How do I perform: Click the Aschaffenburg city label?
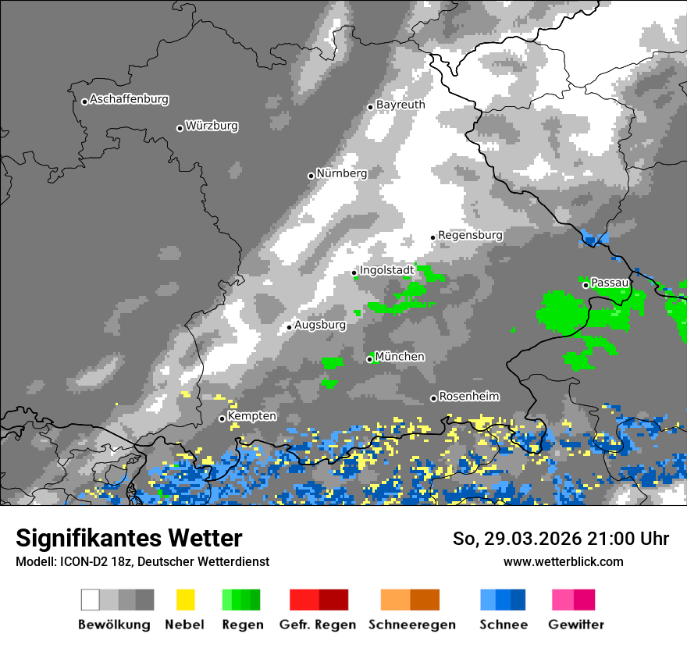(129, 100)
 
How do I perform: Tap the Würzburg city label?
(212, 126)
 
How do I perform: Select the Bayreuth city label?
(400, 105)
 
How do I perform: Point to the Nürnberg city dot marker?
(311, 176)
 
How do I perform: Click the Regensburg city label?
(470, 235)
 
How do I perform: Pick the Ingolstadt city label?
(387, 270)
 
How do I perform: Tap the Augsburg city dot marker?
(289, 327)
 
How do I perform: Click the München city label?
(400, 357)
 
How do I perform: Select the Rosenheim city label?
(469, 397)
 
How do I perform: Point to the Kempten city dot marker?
(222, 418)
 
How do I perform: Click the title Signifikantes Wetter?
(129, 538)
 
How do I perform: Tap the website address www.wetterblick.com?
(563, 561)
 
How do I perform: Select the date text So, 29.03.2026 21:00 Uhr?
(561, 539)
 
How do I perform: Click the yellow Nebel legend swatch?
(185, 600)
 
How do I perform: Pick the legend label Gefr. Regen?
(318, 625)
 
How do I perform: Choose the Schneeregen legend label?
(411, 625)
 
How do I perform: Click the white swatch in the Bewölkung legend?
(91, 600)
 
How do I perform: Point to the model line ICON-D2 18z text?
(142, 561)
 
